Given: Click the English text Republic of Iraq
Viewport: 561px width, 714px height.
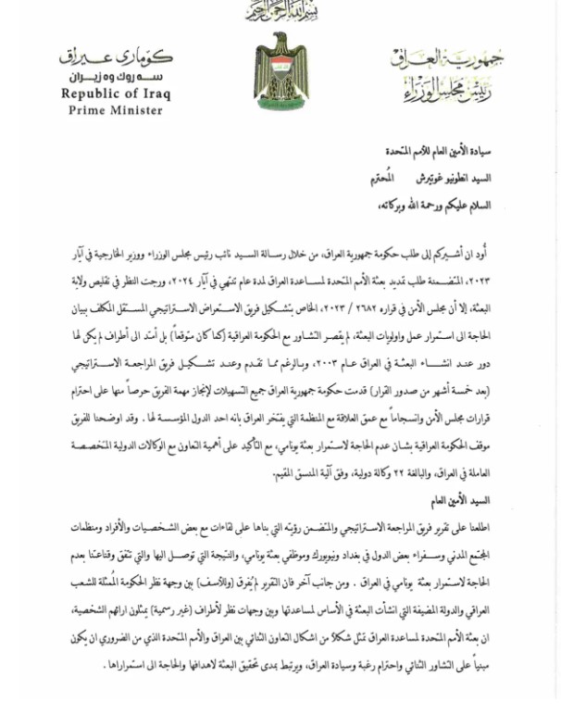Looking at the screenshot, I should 116,94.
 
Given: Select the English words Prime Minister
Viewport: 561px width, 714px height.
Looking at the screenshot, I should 116,110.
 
